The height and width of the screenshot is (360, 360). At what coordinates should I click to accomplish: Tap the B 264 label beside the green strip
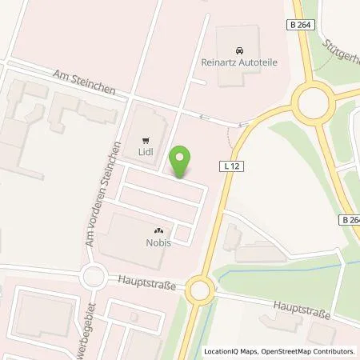(349, 221)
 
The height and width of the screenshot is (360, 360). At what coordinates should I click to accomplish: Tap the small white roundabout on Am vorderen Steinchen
(94, 277)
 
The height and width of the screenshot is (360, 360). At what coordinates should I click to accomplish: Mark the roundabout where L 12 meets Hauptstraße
(198, 290)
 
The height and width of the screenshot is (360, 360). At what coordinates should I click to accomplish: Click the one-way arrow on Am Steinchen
(204, 117)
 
